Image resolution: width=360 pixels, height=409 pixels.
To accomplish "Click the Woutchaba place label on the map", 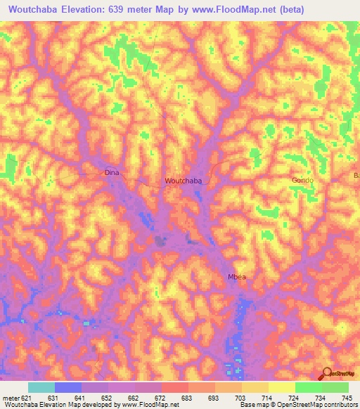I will [x=184, y=181].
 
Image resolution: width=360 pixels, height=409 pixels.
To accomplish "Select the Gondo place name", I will [x=302, y=181].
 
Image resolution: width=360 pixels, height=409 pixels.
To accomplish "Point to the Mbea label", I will [x=236, y=277].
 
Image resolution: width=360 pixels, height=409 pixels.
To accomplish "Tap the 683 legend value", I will [x=187, y=397].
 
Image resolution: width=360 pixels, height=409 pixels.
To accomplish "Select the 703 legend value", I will [x=240, y=397].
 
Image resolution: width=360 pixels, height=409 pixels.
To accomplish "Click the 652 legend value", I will [x=104, y=397].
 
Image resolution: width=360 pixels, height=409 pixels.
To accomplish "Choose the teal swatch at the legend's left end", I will [x=41, y=387].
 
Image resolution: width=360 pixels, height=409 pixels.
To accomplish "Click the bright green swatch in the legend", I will [x=308, y=387].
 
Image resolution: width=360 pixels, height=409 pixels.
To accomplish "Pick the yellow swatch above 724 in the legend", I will [x=281, y=387].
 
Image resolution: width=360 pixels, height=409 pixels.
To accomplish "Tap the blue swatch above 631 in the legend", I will [x=68, y=387].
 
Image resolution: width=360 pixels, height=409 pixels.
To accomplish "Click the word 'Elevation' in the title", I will [x=91, y=9].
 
